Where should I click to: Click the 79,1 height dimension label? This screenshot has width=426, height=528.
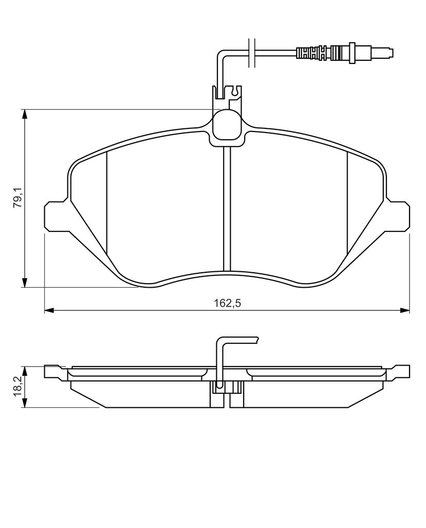[x=18, y=197]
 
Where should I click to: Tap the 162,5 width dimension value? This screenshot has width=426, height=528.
[x=228, y=303]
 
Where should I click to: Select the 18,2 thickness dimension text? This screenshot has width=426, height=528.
[x=18, y=386]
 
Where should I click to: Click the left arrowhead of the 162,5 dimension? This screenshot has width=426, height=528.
[x=49, y=310]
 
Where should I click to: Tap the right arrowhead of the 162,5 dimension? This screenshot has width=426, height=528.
[x=404, y=310]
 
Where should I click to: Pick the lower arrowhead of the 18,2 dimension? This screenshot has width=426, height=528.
[x=24, y=403]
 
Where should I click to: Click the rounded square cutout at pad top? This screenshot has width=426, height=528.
[x=227, y=124]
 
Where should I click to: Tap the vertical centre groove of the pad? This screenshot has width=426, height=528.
[x=227, y=209]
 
